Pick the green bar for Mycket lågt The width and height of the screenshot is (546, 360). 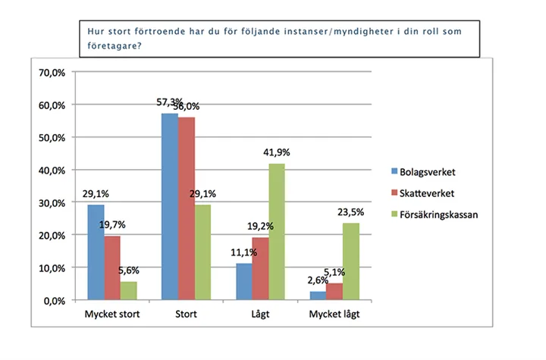350,261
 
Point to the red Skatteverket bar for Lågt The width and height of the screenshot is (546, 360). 260,269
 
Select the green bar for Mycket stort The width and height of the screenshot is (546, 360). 130,291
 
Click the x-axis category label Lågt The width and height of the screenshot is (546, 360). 259,315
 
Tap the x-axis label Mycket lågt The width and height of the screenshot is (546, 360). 334,315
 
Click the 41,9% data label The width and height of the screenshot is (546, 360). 278,152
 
